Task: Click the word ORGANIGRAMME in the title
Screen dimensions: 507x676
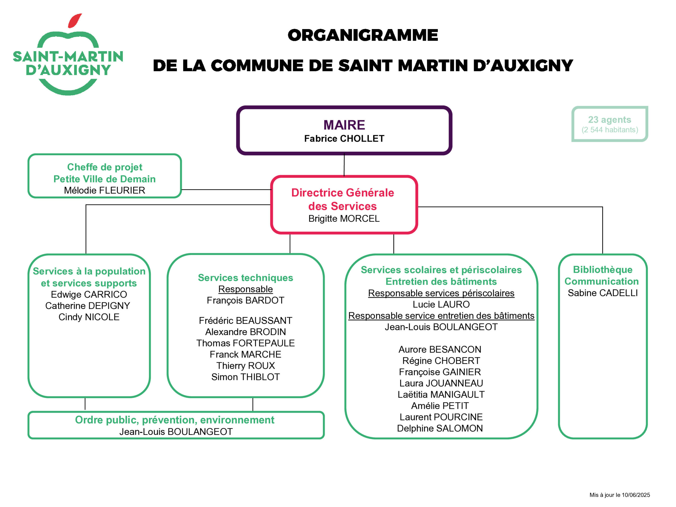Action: pyautogui.click(x=363, y=35)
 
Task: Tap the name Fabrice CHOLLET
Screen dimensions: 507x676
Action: pyautogui.click(x=344, y=138)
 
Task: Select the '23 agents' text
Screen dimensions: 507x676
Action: pyautogui.click(x=609, y=120)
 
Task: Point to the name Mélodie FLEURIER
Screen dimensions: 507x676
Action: pyautogui.click(x=105, y=190)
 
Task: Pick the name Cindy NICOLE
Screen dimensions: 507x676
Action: pyautogui.click(x=89, y=317)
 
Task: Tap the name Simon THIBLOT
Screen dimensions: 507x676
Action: pyautogui.click(x=245, y=377)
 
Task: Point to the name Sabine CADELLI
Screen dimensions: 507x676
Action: pyautogui.click(x=603, y=293)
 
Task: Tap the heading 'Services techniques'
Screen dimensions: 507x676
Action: pyautogui.click(x=245, y=278)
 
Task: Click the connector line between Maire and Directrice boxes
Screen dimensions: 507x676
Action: pyautogui.click(x=344, y=165)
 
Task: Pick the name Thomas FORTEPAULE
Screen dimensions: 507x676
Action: pyautogui.click(x=245, y=343)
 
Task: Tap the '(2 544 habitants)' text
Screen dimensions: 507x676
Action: pyautogui.click(x=610, y=130)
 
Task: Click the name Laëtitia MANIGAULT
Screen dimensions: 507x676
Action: pyautogui.click(x=441, y=394)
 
